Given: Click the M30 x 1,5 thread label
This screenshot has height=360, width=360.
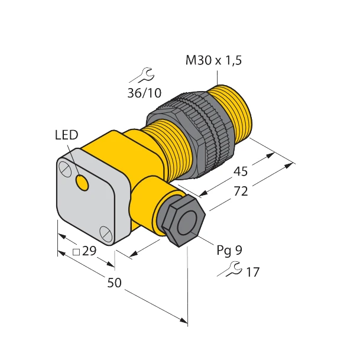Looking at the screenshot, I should tap(213, 60).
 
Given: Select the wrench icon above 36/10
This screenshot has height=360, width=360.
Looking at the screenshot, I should tap(142, 75).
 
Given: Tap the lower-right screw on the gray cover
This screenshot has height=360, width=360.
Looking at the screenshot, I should tap(105, 232).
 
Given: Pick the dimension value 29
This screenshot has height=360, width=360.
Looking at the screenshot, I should tap(89, 252).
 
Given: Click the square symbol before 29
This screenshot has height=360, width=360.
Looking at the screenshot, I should tap(76, 252).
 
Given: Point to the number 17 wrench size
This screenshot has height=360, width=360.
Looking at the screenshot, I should tap(252, 273).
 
